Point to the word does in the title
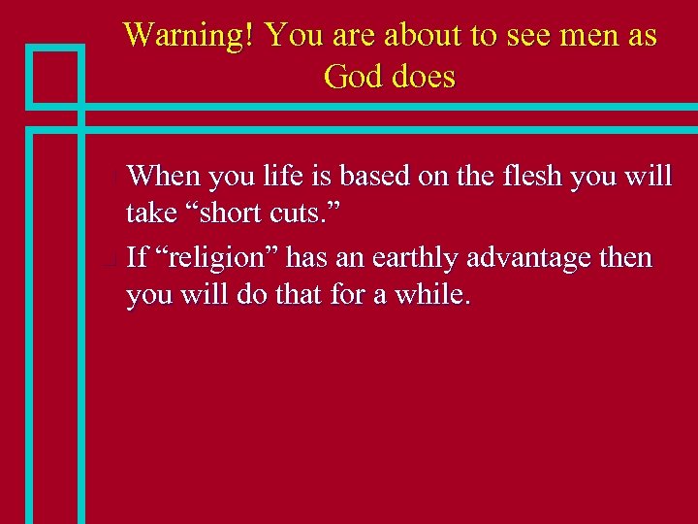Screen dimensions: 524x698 pyautogui.click(x=424, y=76)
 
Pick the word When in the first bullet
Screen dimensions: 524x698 pyautogui.click(x=162, y=176)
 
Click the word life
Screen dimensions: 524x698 pyautogui.click(x=280, y=176)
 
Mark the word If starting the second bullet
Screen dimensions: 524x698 pyautogui.click(x=138, y=257)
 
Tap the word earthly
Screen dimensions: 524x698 pyautogui.click(x=413, y=257)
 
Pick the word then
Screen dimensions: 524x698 pyautogui.click(x=627, y=257)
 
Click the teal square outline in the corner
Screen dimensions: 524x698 pyautogui.click(x=54, y=74)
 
